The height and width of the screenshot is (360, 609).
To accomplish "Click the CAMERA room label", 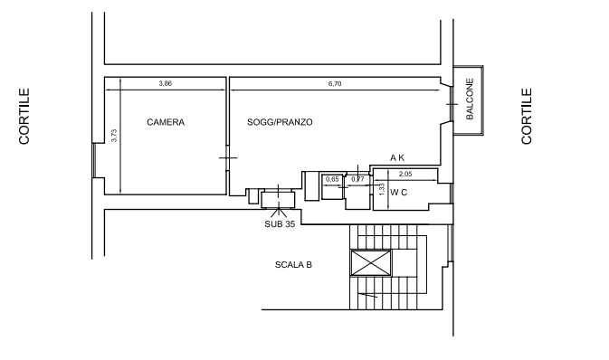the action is (166, 122).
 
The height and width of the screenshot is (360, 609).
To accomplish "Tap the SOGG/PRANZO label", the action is (280, 122).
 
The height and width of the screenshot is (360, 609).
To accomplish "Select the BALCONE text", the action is (470, 99).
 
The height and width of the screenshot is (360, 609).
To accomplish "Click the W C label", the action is (398, 193).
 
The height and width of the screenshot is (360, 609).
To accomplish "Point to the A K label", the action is (397, 157).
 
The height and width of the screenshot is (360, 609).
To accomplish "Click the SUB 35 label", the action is (280, 224).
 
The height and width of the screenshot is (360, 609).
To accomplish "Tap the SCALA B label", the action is (293, 265).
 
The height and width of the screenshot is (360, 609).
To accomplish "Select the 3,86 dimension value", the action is (165, 83).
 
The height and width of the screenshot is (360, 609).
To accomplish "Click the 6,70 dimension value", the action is (335, 83).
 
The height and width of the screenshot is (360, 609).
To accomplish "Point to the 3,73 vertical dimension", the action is (114, 136).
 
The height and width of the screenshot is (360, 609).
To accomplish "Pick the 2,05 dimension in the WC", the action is (405, 174).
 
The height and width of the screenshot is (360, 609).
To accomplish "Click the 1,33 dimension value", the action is (382, 190).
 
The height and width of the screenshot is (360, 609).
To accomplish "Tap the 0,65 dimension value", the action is (332, 179).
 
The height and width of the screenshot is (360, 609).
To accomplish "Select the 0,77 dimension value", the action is (357, 179).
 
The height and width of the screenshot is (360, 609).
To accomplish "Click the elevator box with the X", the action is (371, 263).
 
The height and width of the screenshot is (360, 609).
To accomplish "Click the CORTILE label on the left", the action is (24, 116).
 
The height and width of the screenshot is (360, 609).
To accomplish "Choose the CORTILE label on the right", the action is (527, 116).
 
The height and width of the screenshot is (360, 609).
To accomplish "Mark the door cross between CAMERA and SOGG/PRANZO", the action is (228, 157).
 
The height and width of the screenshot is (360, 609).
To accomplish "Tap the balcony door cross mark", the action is (452, 104).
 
